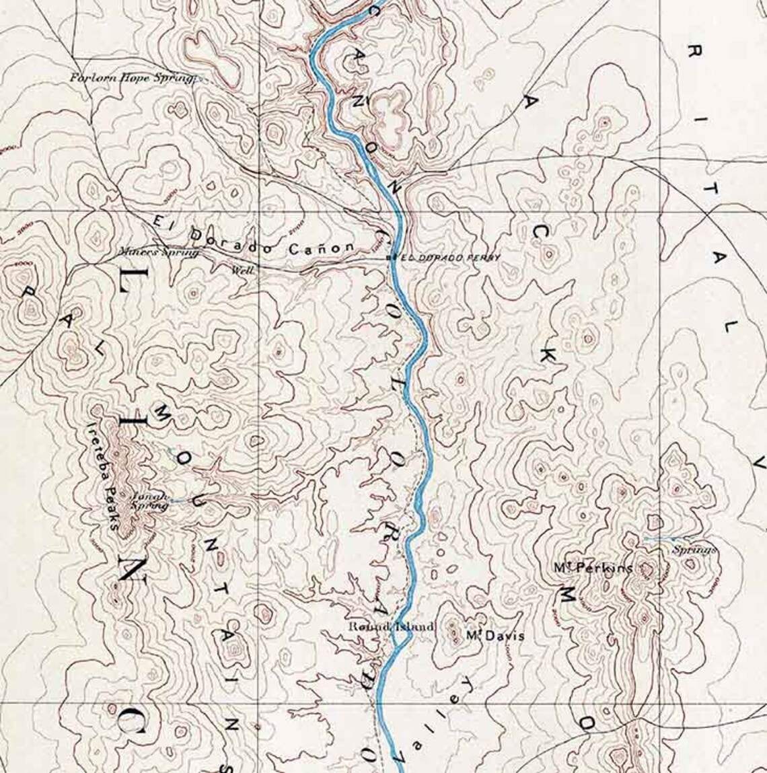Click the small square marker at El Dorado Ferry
click(390, 258)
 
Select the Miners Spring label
click(159, 253)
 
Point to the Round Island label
click(381, 626)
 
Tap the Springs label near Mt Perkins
click(695, 550)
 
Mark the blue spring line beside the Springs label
click(663, 539)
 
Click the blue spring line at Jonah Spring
click(176, 501)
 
